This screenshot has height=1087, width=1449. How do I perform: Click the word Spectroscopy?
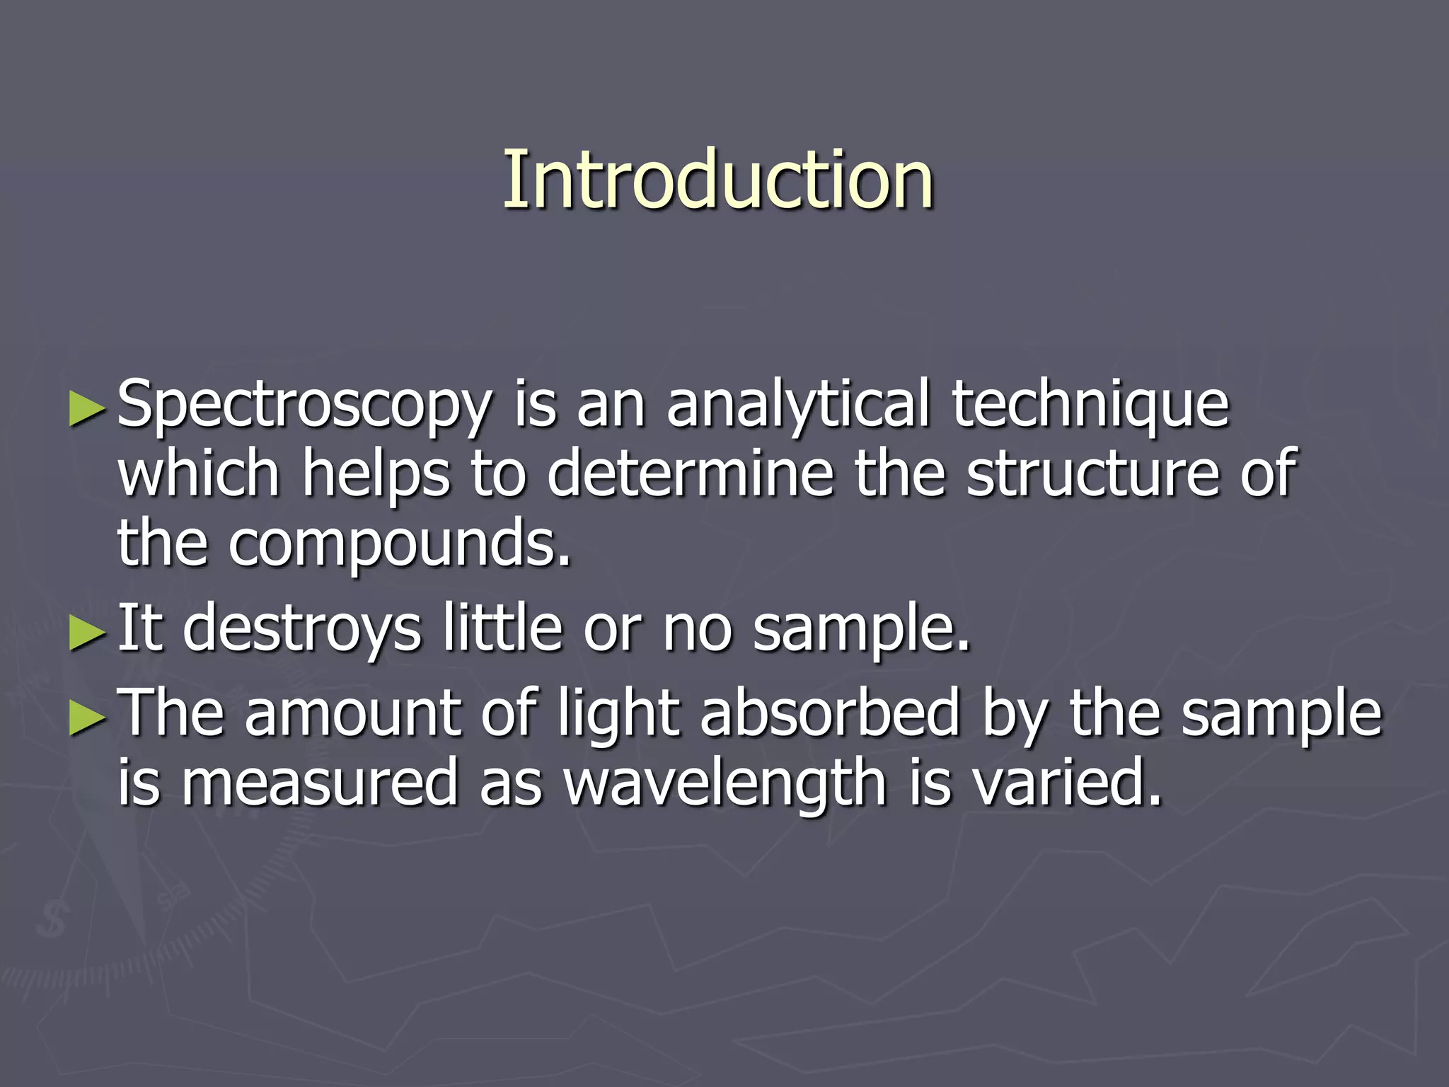click(x=304, y=406)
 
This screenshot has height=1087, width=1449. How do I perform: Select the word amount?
click(x=353, y=713)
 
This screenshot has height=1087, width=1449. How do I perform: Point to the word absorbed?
click(x=831, y=713)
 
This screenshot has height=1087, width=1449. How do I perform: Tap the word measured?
click(x=320, y=782)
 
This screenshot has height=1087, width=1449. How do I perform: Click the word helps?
click(x=376, y=474)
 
